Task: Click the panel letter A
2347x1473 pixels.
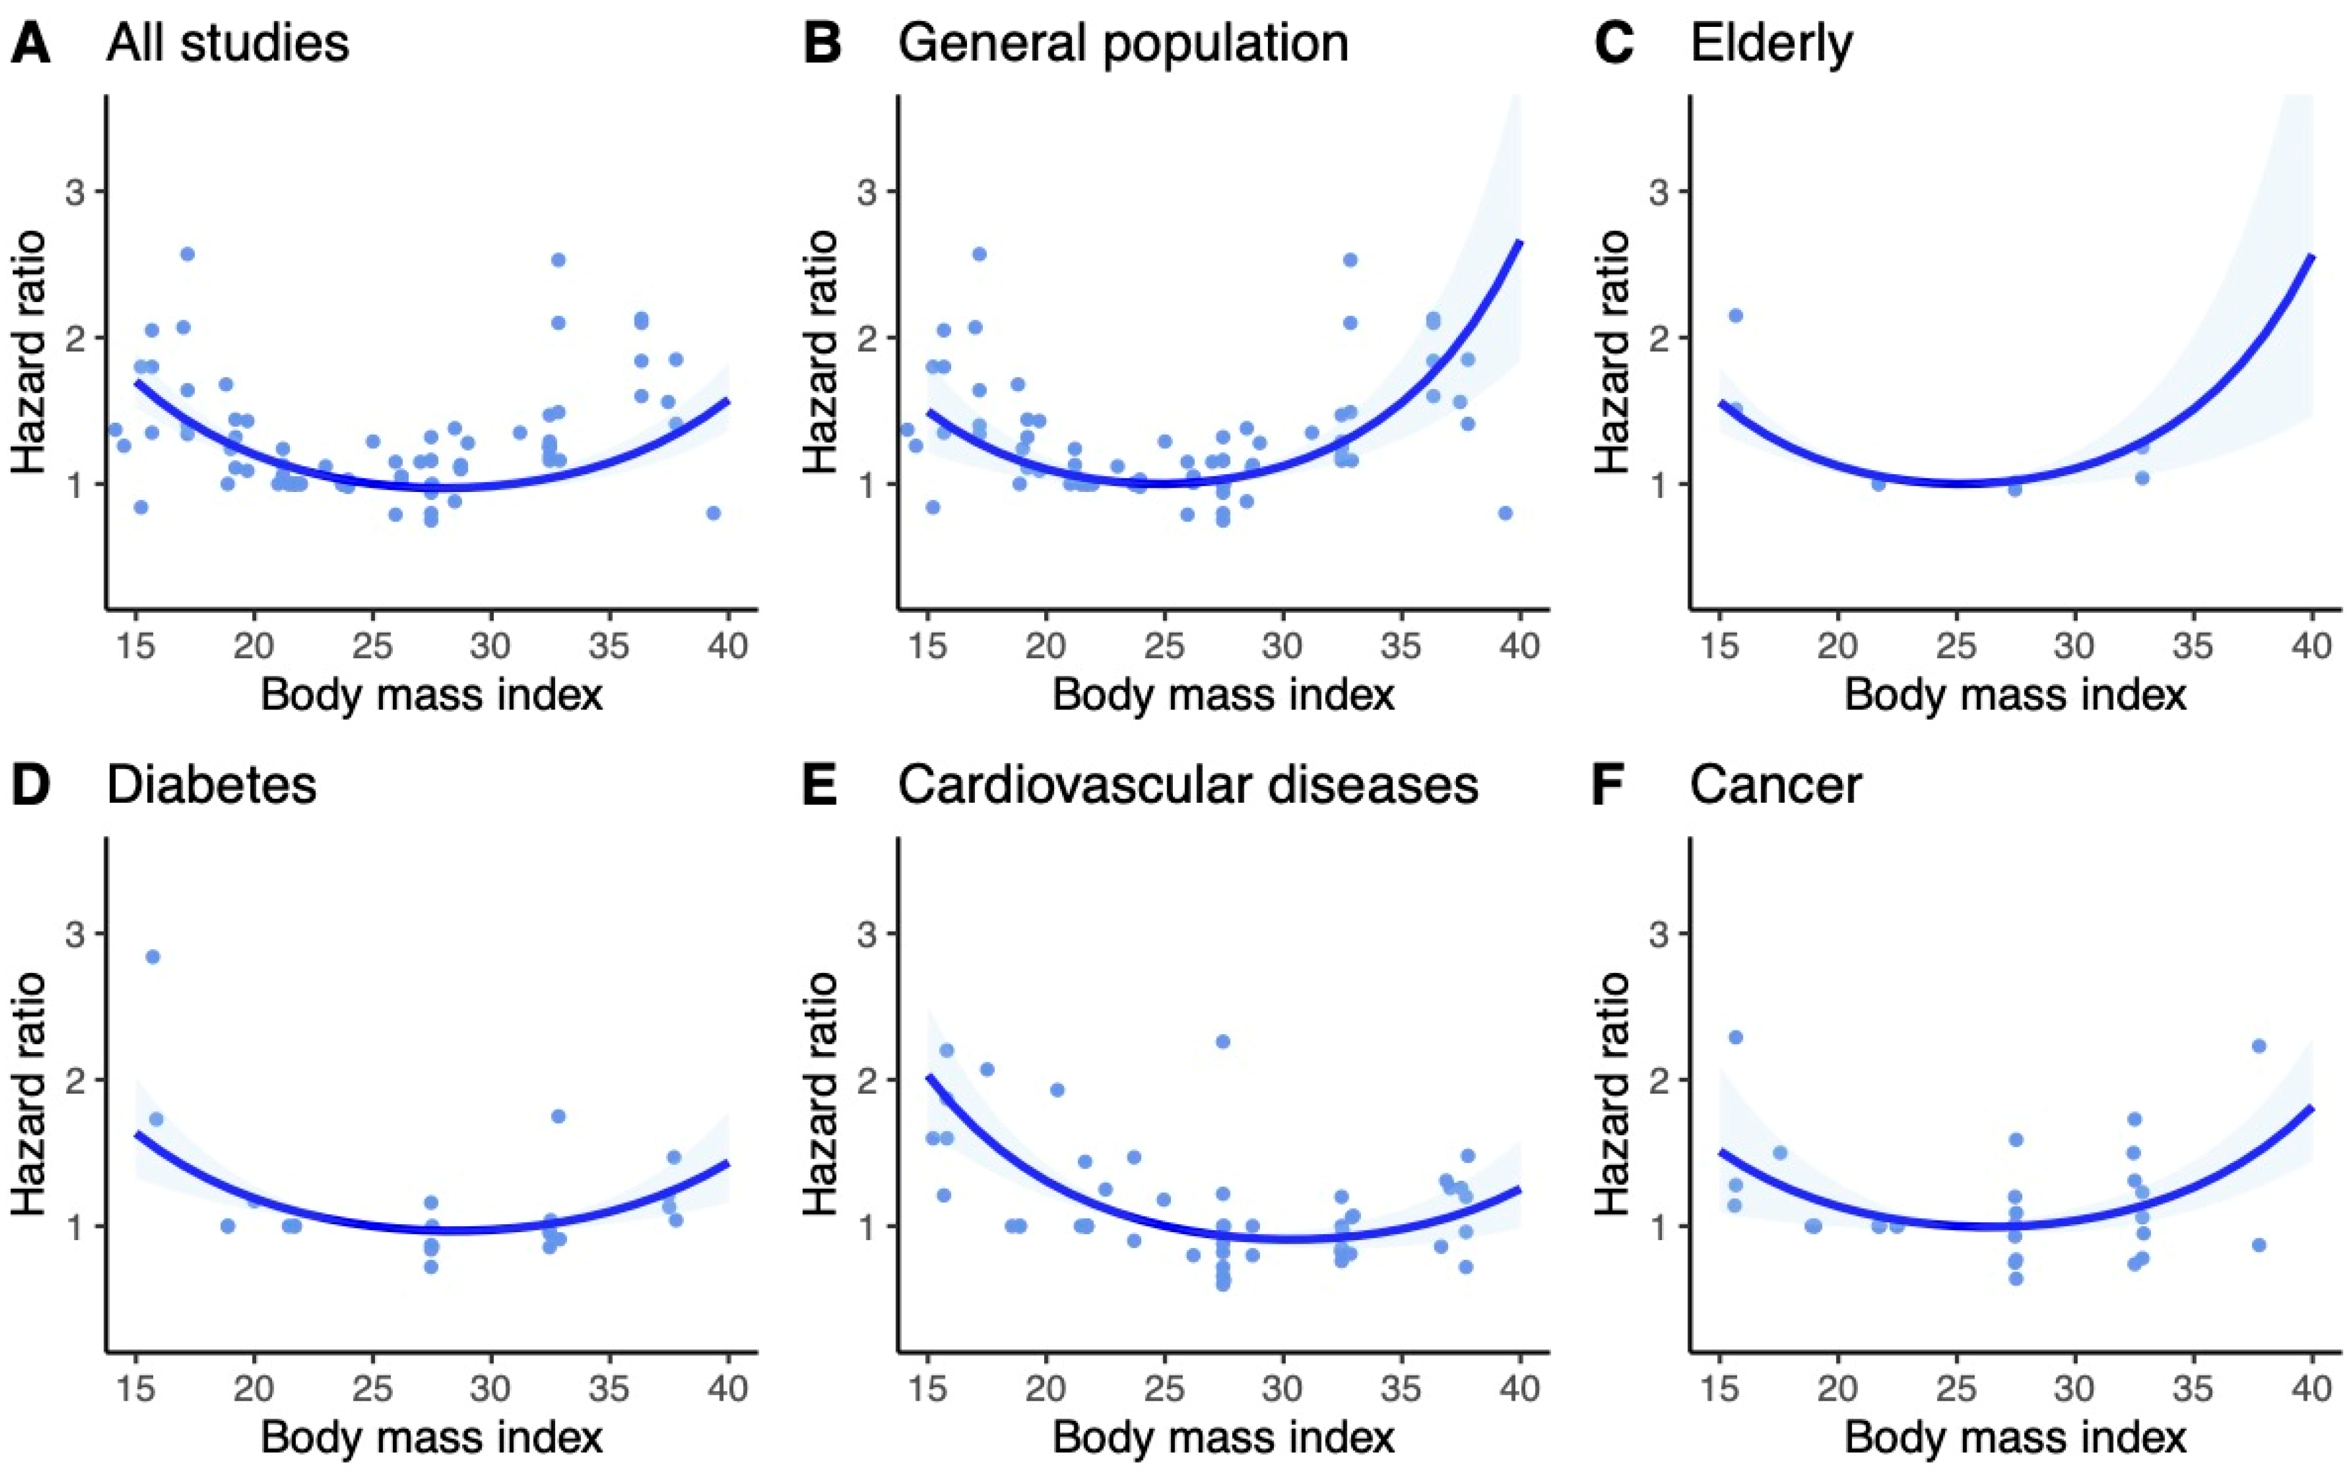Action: click(30, 44)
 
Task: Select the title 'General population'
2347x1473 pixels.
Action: click(1123, 44)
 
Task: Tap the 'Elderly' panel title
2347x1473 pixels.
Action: click(1770, 44)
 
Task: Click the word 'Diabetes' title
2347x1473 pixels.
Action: click(211, 785)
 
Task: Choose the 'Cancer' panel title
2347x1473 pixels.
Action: click(1775, 785)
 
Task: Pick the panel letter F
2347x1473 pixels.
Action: click(1612, 785)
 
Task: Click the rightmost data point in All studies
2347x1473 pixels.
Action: click(713, 513)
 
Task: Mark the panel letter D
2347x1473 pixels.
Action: click(30, 785)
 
